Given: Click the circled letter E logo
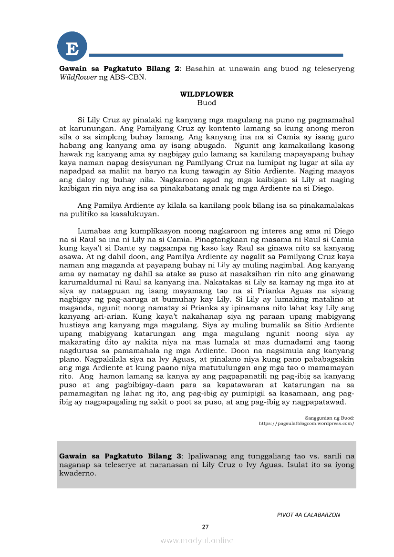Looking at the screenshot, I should coord(72,47).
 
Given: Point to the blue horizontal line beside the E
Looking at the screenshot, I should coord(216,55).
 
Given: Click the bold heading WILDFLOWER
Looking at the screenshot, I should coord(207,94).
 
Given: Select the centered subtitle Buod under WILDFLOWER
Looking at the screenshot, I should coord(207,103).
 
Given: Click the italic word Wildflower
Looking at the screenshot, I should coord(78,77).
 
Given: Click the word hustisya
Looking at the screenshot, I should coord(74,325).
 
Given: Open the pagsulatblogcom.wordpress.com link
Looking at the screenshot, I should coord(306,423).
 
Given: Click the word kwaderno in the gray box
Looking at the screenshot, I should coord(78,474).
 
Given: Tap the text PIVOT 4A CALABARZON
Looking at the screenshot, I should coord(308,515).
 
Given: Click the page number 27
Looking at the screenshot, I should coord(206,527).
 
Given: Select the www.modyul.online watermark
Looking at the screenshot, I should coord(197,540).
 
